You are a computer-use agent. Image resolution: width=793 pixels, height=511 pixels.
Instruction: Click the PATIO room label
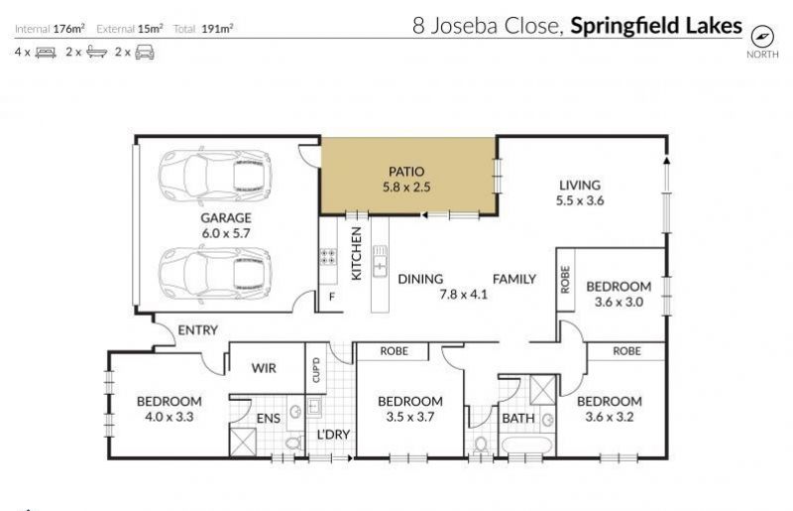point(406,172)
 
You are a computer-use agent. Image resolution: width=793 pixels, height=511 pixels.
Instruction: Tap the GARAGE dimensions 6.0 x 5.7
point(226,233)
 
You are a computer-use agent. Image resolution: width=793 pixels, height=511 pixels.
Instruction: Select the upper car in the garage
point(215,175)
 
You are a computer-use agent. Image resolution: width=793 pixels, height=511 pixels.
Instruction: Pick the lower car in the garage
point(215,274)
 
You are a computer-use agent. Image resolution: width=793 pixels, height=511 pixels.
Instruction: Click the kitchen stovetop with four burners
point(328,256)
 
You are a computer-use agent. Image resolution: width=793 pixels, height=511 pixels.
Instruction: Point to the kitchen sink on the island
point(380,260)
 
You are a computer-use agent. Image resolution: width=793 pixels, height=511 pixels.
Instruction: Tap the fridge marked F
point(331,297)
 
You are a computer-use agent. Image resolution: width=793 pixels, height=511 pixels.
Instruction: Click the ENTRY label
point(197,330)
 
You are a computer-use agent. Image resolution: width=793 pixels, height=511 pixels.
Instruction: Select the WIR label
point(264,368)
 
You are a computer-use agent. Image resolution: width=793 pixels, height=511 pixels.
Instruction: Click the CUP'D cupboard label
point(316,370)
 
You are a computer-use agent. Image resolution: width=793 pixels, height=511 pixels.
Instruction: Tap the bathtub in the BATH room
point(526,446)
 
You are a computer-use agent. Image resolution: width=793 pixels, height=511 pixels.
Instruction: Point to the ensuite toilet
point(293,444)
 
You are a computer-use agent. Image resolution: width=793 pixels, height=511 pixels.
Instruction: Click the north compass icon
point(762,37)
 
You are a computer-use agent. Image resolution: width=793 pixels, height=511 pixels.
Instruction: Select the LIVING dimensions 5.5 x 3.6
point(580,200)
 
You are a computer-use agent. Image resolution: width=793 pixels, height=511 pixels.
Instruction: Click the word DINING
point(420,279)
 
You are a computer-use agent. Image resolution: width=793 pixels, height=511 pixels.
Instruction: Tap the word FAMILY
point(514,279)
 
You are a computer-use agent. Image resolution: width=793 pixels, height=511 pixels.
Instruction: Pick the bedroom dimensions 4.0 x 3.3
point(169,417)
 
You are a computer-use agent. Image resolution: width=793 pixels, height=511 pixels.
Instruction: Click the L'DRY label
point(333,435)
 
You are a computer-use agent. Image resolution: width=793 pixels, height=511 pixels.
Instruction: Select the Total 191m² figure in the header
point(203,29)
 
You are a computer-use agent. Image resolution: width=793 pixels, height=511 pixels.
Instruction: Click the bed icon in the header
point(46,53)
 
